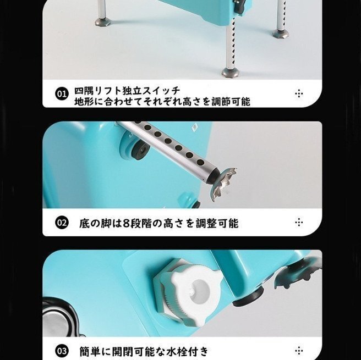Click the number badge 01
[x=62, y=94]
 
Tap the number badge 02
[x=62, y=223]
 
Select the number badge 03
[x=62, y=350]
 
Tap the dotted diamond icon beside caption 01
[x=299, y=94]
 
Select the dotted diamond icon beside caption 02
[x=299, y=223]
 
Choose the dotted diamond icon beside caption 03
[x=299, y=350]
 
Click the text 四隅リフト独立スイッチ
[x=127, y=90]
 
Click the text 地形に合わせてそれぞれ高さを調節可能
[x=162, y=101]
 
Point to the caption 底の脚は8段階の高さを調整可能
[x=158, y=223]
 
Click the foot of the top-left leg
[x=102, y=22]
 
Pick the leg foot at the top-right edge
[x=281, y=33]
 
